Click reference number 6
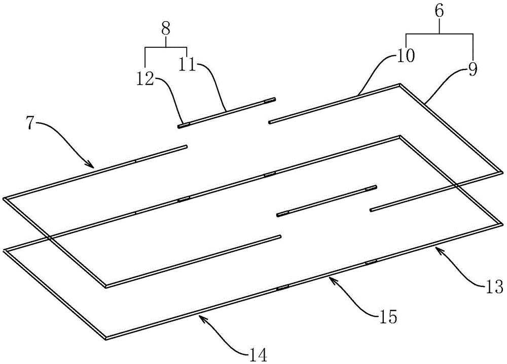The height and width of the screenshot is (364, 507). click(x=439, y=11)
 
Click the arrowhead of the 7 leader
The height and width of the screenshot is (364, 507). click(x=91, y=166)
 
